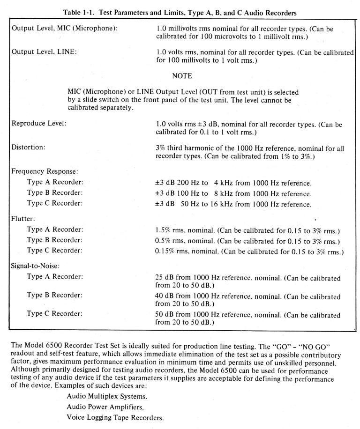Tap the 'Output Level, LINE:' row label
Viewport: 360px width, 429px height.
click(44, 52)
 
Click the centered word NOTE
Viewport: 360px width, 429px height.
click(182, 75)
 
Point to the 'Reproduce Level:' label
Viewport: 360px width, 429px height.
click(38, 124)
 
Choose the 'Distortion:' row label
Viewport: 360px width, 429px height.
click(29, 147)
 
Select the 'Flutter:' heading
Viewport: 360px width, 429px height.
click(22, 218)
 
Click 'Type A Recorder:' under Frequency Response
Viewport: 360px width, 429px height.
click(55, 182)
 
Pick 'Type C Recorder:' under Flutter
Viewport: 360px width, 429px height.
click(55, 251)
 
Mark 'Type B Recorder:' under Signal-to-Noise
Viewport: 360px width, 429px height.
click(55, 295)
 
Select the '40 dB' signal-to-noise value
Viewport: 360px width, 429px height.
click(164, 296)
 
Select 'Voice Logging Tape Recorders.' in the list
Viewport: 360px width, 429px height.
click(115, 417)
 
